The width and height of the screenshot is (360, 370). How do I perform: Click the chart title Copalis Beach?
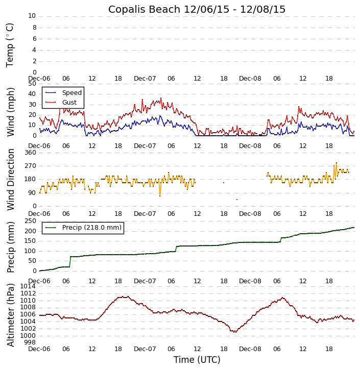(x=197, y=9)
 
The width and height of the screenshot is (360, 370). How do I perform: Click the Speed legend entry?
(x=71, y=93)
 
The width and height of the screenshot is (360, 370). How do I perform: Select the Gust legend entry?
(x=69, y=103)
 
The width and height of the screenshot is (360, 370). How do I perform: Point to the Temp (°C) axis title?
(x=10, y=44)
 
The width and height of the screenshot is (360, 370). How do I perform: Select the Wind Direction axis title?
(x=10, y=179)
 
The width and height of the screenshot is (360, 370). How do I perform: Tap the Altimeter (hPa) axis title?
(x=10, y=315)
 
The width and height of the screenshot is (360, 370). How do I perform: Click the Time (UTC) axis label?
(x=197, y=360)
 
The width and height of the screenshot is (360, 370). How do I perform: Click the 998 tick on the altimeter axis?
(x=30, y=342)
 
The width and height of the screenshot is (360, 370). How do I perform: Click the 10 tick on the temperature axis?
(x=32, y=16)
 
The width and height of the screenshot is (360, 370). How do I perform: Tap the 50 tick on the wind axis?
(x=32, y=84)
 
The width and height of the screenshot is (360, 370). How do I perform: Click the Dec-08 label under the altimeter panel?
(x=250, y=349)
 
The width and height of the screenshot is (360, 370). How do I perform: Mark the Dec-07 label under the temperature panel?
(x=145, y=79)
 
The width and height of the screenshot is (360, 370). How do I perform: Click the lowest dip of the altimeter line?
(x=235, y=332)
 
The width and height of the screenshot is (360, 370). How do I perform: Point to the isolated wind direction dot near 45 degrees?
(x=236, y=200)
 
